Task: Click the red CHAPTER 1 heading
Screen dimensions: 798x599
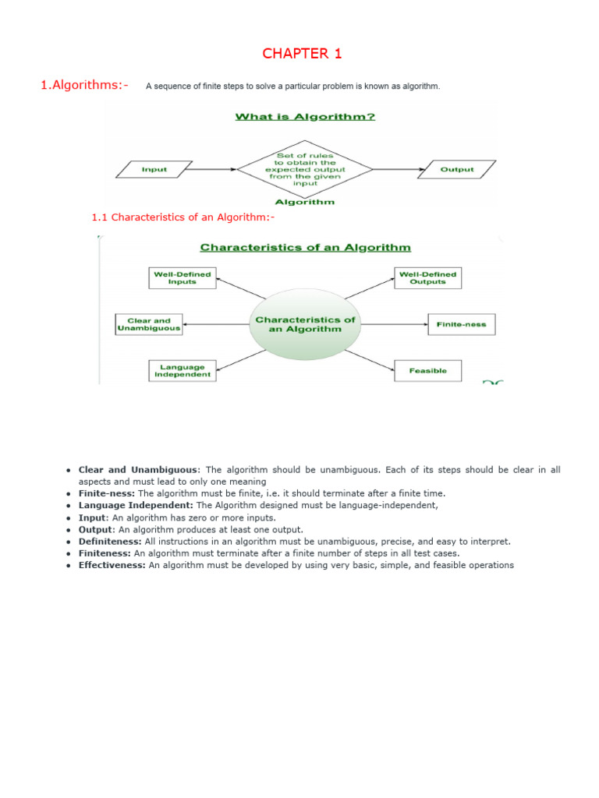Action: (302, 54)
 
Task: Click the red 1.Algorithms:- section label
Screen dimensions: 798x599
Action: (84, 85)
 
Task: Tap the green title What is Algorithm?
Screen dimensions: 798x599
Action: (306, 117)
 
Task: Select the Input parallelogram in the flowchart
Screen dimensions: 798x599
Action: (154, 169)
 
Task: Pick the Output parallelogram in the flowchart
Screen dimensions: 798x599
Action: (457, 169)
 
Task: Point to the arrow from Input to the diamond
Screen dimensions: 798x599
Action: (214, 169)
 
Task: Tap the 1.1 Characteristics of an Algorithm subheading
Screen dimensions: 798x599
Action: (183, 217)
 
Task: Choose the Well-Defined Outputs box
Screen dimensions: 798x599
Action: (427, 278)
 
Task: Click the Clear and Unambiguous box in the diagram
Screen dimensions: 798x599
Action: (149, 324)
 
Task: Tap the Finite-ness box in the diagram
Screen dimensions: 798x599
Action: (461, 324)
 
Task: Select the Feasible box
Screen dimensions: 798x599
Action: (428, 371)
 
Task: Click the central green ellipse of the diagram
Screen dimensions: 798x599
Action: (305, 324)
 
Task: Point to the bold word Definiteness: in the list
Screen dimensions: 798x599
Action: (110, 541)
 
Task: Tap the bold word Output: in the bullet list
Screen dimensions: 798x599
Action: (94, 529)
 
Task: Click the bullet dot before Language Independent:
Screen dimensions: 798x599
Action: (69, 505)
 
